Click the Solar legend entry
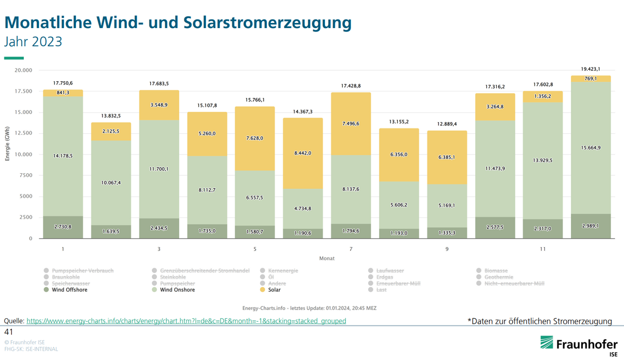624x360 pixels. [x=275, y=290]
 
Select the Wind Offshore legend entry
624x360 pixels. [x=69, y=290]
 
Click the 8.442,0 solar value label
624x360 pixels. [x=303, y=153]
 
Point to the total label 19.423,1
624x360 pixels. [x=591, y=69]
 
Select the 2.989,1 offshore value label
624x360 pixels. [x=591, y=226]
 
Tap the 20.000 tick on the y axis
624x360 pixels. [x=24, y=70]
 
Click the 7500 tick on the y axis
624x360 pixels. [x=25, y=176]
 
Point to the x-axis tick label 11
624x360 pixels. [x=543, y=249]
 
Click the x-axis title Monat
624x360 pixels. [x=327, y=258]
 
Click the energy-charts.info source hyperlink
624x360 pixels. [x=186, y=321]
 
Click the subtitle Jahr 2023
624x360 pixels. [x=33, y=42]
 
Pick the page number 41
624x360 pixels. [x=8, y=331]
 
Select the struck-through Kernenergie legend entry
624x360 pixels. [x=282, y=271]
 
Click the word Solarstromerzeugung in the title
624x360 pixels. [x=267, y=22]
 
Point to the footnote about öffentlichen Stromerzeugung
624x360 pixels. [x=540, y=321]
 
